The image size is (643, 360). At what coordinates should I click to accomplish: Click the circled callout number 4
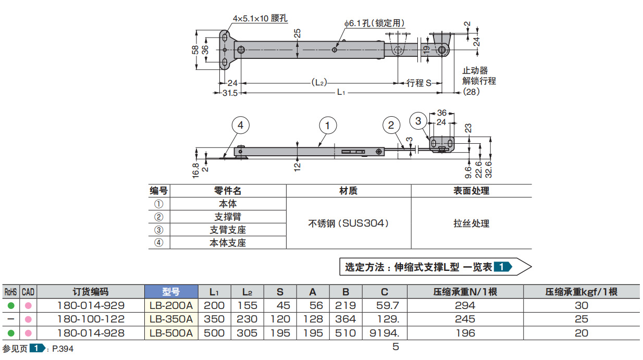(240, 125)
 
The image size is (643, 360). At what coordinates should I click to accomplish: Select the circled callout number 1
(327, 125)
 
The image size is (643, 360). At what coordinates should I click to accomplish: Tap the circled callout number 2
(391, 125)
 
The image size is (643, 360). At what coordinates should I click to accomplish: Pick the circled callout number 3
(418, 121)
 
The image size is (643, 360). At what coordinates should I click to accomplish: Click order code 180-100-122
(90, 319)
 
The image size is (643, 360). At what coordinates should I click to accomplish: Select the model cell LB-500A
(171, 333)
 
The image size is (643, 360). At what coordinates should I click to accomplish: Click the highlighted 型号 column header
(171, 292)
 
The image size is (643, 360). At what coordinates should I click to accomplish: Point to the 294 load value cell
(465, 305)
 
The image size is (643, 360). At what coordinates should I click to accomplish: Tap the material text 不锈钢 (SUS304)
(348, 224)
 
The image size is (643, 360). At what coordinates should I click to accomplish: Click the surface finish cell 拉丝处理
(471, 224)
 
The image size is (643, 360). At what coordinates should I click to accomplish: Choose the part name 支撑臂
(228, 217)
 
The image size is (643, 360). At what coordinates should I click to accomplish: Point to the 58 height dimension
(195, 49)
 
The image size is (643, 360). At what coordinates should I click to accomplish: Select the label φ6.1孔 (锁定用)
(374, 23)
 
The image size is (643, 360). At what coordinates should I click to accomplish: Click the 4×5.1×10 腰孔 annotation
(260, 19)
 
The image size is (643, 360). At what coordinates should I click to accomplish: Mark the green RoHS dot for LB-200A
(11, 305)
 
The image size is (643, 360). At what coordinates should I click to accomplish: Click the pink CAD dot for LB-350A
(28, 319)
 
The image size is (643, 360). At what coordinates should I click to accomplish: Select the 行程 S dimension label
(419, 83)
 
